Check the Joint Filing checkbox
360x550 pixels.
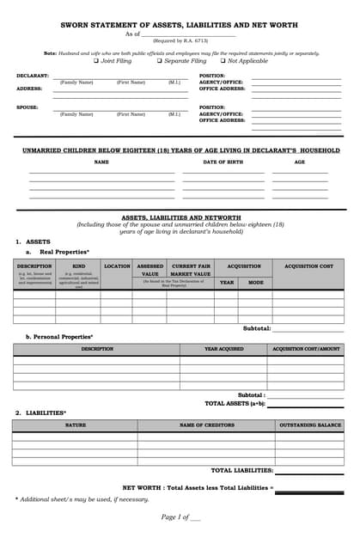[x=96, y=61]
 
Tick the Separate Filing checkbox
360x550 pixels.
[x=160, y=61]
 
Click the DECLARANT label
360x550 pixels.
[x=33, y=76]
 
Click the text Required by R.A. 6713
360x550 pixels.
[x=180, y=40]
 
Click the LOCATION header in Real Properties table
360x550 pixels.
[x=117, y=266]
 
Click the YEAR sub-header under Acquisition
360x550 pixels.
[x=226, y=282]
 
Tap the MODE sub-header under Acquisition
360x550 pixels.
[x=256, y=282]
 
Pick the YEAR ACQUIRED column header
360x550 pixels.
[x=223, y=349]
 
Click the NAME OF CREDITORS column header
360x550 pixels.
[x=206, y=425]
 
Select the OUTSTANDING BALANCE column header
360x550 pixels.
[x=309, y=425]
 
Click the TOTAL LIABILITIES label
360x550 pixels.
[x=242, y=470]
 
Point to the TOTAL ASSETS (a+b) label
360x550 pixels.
[x=235, y=402]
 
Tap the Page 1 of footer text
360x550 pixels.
[x=180, y=516]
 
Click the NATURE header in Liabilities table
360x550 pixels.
[x=76, y=425]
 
